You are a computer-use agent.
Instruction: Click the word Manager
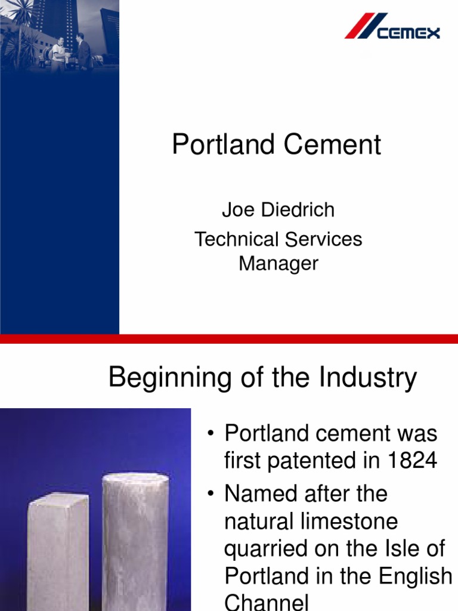point(278,263)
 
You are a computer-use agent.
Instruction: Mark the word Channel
point(266,601)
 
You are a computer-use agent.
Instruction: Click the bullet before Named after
point(211,494)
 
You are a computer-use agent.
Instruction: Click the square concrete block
point(58,549)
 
